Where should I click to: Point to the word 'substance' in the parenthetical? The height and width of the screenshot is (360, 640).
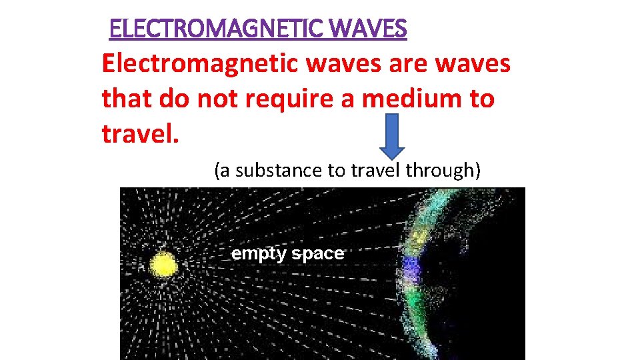click(279, 171)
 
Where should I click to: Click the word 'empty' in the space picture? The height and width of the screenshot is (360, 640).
click(258, 254)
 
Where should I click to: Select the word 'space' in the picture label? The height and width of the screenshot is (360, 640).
click(317, 254)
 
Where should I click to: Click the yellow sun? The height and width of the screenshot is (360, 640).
click(163, 265)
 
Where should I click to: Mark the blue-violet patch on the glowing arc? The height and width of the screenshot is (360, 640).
click(411, 269)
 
